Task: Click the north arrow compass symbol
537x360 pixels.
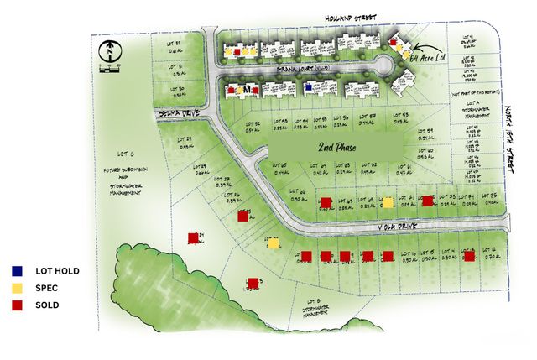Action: tap(109, 51)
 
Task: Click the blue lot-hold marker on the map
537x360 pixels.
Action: tap(309, 86)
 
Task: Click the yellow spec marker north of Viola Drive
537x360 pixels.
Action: tap(388, 202)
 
